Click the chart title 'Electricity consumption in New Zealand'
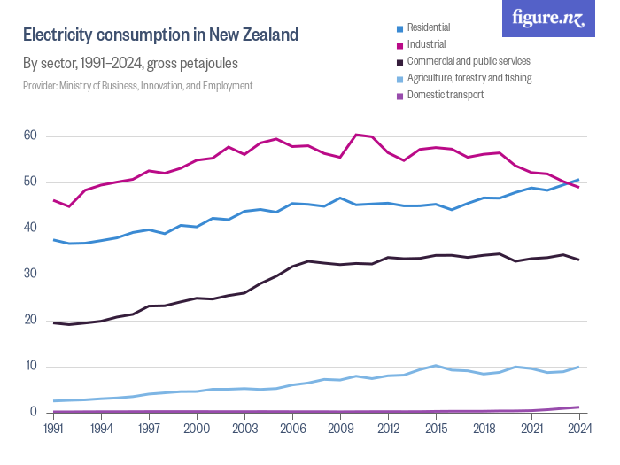coord(160,35)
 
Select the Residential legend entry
coord(428,27)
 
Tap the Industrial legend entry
coord(426,44)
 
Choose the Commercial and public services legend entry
coord(468,61)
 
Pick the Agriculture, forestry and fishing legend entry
coord(469,78)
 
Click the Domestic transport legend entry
coord(445,95)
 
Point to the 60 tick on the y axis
coord(30,136)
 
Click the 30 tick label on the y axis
coord(30,275)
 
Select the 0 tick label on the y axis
coord(34,413)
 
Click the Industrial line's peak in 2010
coord(355,135)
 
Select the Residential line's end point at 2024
coord(578,180)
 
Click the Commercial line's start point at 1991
coord(54,322)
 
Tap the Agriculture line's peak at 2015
coord(435,366)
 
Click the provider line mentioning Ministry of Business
coord(137,86)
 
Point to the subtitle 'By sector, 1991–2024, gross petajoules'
coord(130,64)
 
